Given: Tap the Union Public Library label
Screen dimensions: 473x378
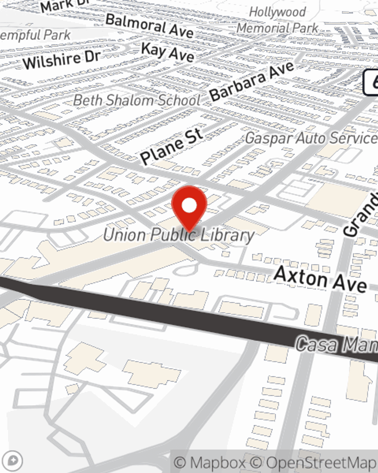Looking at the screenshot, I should [179, 235].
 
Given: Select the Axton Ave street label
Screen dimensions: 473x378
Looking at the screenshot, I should [320, 279].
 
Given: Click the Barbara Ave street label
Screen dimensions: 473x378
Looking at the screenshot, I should [252, 81].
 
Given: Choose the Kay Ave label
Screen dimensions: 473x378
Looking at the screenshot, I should [168, 52].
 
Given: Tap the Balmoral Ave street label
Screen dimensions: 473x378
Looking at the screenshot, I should [150, 26].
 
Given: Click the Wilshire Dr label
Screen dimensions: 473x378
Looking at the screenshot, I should [62, 59].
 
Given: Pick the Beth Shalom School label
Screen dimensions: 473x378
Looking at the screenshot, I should [137, 101].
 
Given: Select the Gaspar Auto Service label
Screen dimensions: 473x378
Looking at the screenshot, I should [311, 138].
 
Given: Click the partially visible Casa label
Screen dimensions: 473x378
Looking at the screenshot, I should [336, 345].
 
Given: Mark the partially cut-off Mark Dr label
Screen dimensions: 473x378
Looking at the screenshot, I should [64, 6].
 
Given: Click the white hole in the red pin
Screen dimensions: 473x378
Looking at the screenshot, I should [189, 205].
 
